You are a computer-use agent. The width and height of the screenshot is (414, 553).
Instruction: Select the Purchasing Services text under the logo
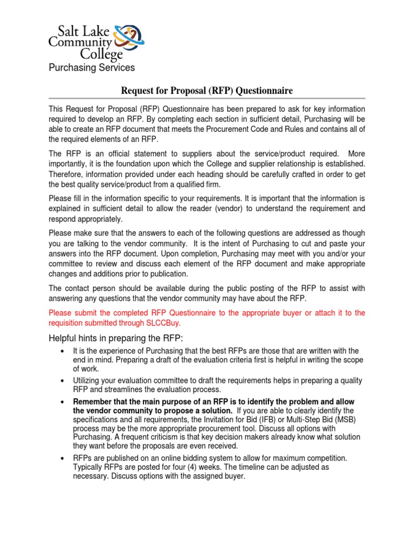(92, 68)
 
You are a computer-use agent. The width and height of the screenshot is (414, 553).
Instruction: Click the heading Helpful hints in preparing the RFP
(116, 338)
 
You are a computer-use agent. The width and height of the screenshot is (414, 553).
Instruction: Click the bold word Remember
(93, 402)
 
